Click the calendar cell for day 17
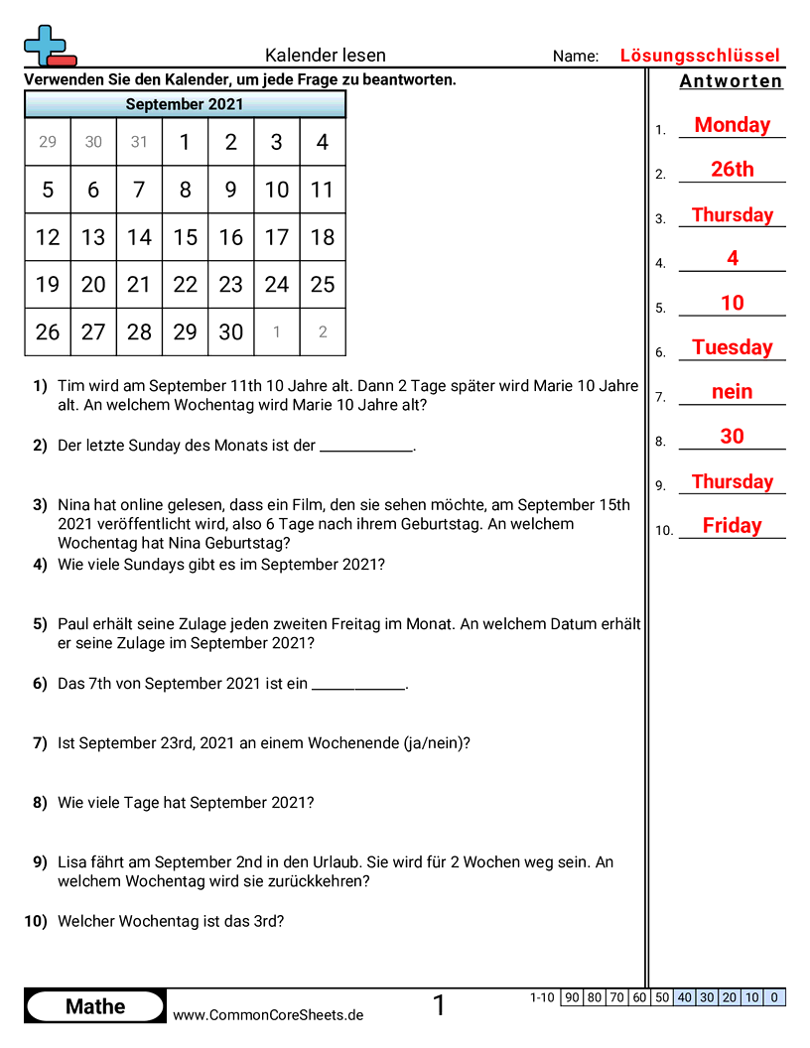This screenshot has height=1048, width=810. click(277, 237)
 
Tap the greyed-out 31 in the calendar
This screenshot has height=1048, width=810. click(139, 142)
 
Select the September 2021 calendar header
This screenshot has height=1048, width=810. click(185, 104)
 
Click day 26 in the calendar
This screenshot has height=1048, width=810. click(48, 332)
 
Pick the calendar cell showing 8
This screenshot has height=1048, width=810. click(185, 190)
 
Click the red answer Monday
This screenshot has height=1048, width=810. click(732, 125)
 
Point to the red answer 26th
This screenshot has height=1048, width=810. click(732, 170)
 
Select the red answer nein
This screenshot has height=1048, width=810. click(732, 392)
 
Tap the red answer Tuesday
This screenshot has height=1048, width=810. click(732, 347)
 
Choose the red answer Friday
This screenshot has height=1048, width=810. click(732, 526)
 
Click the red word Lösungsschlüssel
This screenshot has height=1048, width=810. click(700, 56)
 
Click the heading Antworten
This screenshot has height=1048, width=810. click(732, 81)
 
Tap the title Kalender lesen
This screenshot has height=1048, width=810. click(326, 56)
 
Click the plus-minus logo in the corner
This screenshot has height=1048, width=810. click(49, 46)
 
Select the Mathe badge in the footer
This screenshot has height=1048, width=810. click(95, 1006)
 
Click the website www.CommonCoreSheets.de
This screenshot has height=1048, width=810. click(268, 1014)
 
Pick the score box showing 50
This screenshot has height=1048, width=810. click(662, 997)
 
